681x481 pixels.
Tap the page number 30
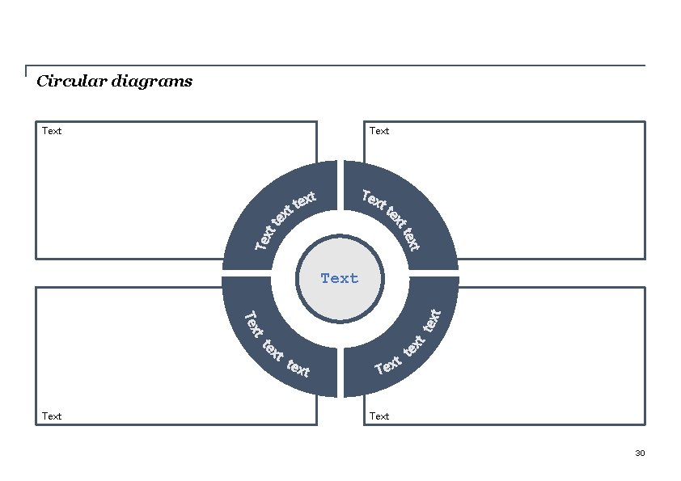coord(640,453)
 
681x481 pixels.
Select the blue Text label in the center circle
coord(340,278)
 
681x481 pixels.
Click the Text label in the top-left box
coord(52,131)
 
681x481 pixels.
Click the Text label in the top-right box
coord(379,131)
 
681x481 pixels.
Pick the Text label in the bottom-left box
coord(52,416)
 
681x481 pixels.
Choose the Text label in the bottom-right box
coord(379,416)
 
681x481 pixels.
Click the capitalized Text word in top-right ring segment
coord(374,199)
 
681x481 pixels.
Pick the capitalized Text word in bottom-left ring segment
coord(253,324)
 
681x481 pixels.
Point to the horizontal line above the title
coord(340,65)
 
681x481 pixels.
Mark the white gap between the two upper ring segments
coord(340,186)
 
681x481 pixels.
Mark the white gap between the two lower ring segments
coord(340,372)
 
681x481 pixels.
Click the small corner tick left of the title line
coord(26,70)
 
